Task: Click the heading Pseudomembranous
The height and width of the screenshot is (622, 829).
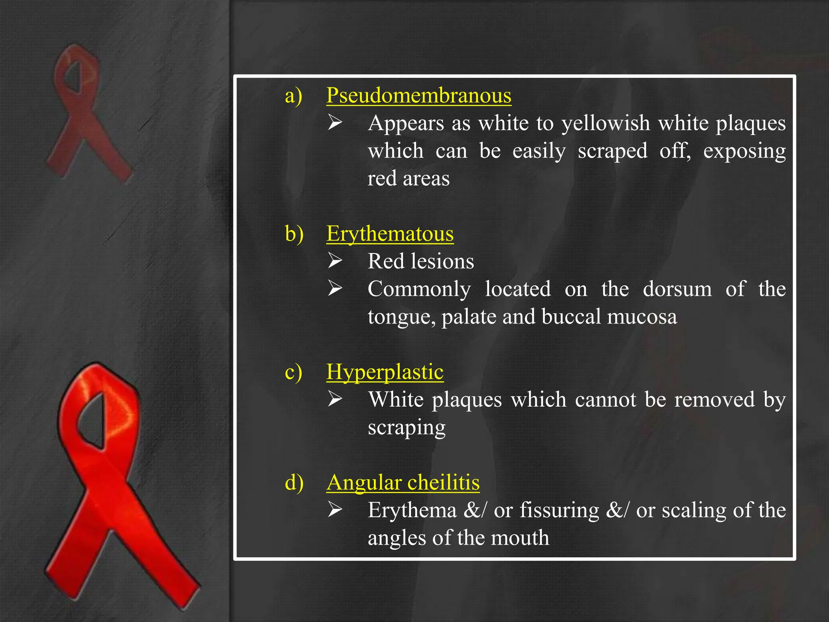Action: [x=419, y=96]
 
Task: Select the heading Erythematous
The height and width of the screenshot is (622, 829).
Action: [x=390, y=234]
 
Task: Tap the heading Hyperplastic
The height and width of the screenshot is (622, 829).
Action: [x=385, y=372]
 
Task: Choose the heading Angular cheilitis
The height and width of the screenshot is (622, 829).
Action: [x=403, y=483]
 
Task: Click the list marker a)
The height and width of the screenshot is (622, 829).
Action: [x=293, y=96]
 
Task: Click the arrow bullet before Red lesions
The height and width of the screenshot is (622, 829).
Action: [x=335, y=261]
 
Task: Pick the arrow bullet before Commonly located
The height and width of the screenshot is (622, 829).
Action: [x=335, y=288]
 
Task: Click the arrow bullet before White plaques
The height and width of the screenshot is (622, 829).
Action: [x=335, y=399]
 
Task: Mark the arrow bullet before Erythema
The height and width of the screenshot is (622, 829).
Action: [x=335, y=510]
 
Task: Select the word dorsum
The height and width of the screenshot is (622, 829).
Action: [x=677, y=289]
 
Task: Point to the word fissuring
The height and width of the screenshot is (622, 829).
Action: [x=559, y=510]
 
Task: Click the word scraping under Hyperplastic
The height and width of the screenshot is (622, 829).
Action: [x=406, y=428]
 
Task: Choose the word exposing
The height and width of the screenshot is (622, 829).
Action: [x=744, y=151]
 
